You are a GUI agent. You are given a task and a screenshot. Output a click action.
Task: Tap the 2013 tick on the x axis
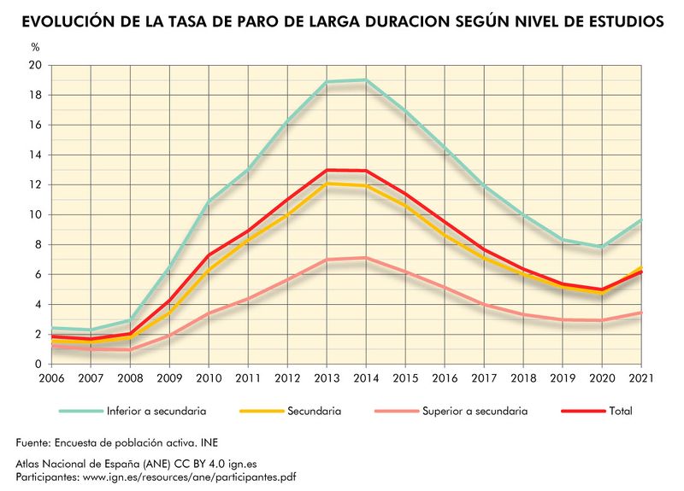pos(326,377)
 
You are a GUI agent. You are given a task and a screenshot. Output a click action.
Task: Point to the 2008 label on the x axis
pos(129,377)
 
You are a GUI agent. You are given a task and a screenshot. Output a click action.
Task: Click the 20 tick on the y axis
pos(34,66)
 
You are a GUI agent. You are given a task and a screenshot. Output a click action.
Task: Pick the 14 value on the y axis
pos(34,155)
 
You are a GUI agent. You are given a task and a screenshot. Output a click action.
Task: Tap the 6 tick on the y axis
pos(37,274)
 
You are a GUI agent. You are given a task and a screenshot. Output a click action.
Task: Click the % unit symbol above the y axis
pos(35,47)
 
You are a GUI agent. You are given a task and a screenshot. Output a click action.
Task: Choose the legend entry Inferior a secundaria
pos(156,411)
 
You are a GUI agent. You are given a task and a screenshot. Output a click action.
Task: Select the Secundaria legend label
pos(314,411)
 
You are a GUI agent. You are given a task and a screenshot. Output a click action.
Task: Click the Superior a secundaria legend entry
pos(475,411)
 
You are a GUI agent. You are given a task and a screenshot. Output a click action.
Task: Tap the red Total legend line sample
pos(581,411)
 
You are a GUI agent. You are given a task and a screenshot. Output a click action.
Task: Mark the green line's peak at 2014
pos(365,80)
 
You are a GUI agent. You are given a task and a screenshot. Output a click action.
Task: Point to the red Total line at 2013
pos(326,170)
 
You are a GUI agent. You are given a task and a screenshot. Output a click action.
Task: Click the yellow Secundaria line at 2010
pos(208,270)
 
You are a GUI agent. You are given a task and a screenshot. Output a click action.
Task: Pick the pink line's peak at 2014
pos(365,258)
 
